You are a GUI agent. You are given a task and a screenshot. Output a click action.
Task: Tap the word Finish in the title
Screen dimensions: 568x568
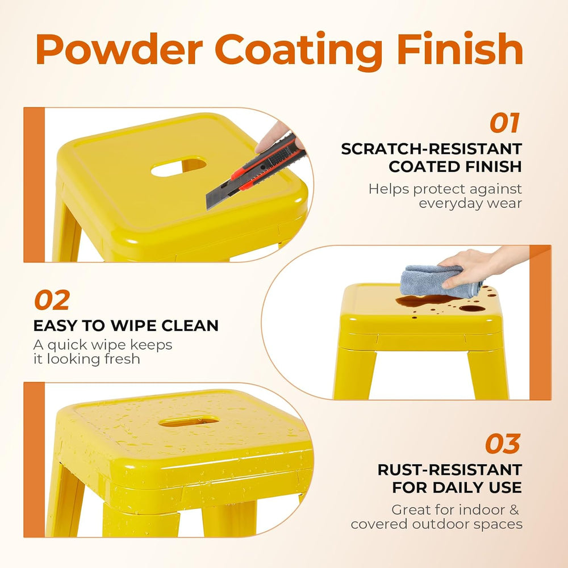point(460,48)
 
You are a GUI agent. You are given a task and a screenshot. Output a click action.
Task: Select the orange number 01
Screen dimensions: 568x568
point(504,123)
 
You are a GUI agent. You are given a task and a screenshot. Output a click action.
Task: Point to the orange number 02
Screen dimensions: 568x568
point(52,300)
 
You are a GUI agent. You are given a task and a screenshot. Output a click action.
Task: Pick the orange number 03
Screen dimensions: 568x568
point(503,444)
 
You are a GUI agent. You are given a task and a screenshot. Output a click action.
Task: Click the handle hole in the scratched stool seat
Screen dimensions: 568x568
point(178,166)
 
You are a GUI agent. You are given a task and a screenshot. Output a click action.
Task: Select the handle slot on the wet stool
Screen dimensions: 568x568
point(189,421)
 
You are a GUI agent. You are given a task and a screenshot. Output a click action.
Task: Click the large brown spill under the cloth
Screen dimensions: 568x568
point(428,300)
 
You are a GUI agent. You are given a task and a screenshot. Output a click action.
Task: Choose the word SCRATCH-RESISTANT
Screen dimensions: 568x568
point(432,149)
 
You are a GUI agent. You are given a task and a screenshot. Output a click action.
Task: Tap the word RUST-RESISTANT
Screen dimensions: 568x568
point(449,470)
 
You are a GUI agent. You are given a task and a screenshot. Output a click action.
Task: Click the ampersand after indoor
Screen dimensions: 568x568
point(515,509)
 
